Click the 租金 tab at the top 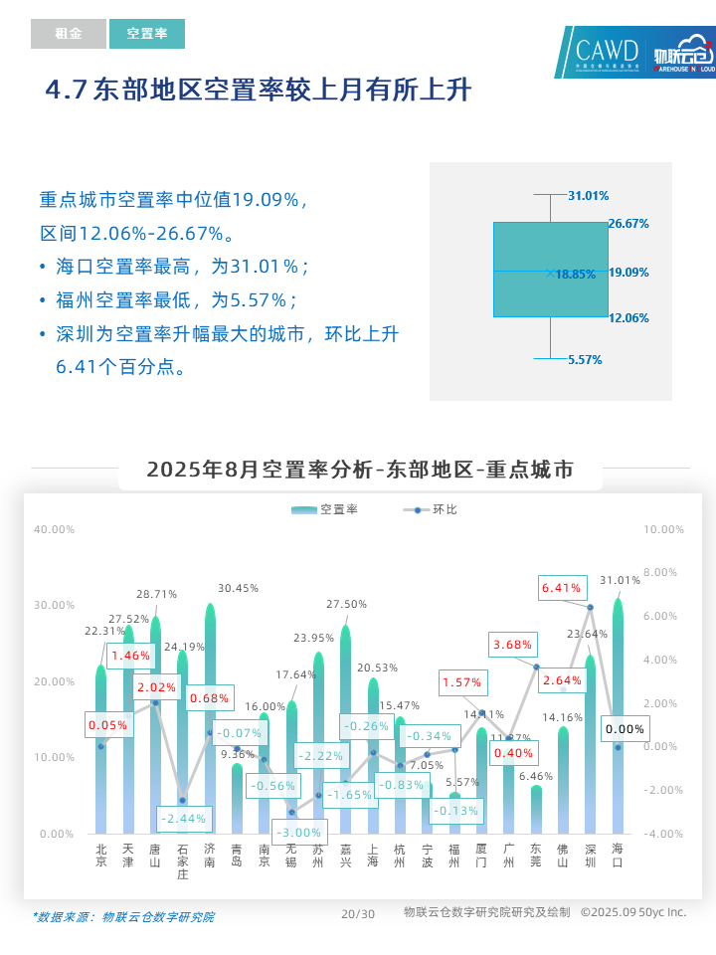click(68, 34)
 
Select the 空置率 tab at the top click(147, 34)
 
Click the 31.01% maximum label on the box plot click(588, 196)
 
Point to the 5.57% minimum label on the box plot click(585, 360)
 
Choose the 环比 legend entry click(432, 509)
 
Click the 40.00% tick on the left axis click(54, 529)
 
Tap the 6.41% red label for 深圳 click(561, 588)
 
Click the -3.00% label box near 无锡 click(299, 832)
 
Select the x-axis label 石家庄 click(182, 861)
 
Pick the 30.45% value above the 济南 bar click(238, 588)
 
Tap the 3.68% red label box click(513, 645)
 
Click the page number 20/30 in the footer click(358, 914)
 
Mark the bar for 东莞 click(536, 811)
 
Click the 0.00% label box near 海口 click(626, 729)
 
